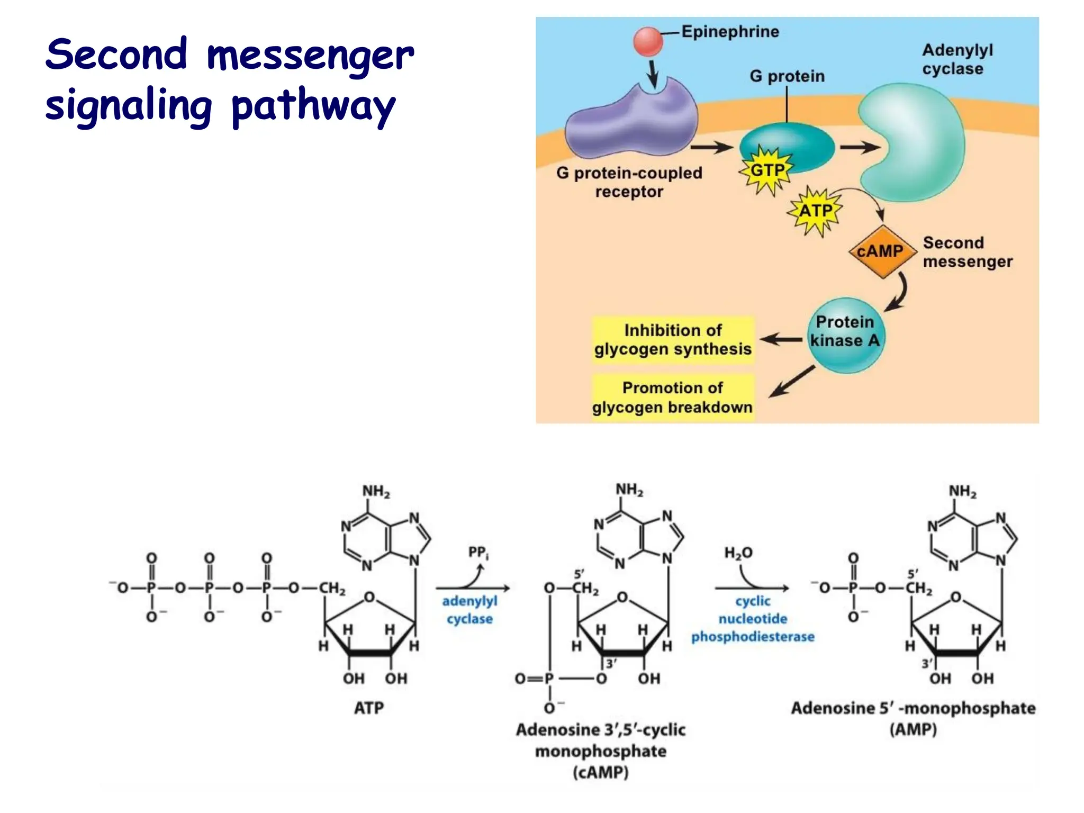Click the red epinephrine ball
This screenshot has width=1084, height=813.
click(x=648, y=42)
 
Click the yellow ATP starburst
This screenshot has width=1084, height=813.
click(x=815, y=211)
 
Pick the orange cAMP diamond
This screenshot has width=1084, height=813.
click(x=881, y=251)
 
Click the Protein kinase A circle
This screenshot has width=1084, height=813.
click(x=845, y=335)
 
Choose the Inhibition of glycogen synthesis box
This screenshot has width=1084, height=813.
click(x=673, y=340)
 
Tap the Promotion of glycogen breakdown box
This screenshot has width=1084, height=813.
click(x=673, y=398)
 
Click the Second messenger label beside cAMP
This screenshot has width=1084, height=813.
click(x=966, y=252)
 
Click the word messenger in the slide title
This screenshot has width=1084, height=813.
click(x=310, y=56)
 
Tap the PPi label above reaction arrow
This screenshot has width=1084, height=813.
click(x=478, y=553)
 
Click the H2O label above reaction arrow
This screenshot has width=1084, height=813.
click(x=738, y=553)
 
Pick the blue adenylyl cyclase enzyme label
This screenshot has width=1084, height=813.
click(x=469, y=610)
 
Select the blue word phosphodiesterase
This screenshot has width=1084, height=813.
click(x=753, y=637)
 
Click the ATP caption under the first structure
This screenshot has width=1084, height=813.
click(x=369, y=708)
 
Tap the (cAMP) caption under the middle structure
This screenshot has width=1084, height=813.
click(x=600, y=773)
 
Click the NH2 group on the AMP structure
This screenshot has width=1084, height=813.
click(x=962, y=492)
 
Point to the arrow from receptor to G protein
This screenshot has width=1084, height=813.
click(x=711, y=147)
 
